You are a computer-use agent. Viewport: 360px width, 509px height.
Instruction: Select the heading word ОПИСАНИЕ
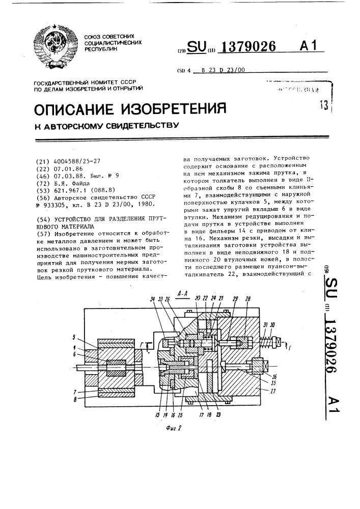tap(77, 109)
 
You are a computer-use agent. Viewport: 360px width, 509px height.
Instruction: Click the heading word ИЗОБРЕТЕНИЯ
tap(175, 109)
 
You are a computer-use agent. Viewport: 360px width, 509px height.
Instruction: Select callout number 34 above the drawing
tap(152, 300)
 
